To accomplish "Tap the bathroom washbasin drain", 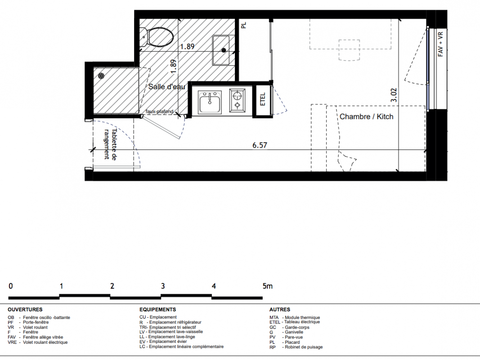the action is [x=224, y=50].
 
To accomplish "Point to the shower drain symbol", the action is [x=101, y=76].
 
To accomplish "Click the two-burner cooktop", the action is [x=237, y=100].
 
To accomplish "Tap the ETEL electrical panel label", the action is [x=263, y=99].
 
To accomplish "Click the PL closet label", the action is [x=244, y=25].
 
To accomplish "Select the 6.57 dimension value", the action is [x=260, y=145].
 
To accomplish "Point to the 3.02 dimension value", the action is [x=394, y=95].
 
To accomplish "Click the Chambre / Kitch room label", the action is [x=367, y=117].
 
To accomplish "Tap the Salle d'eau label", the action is [x=167, y=87].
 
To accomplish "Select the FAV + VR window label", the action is [x=440, y=45].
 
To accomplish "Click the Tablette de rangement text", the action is [x=110, y=144].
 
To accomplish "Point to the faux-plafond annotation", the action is [x=160, y=112].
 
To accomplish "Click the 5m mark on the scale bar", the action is [x=267, y=286].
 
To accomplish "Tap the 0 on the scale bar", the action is [x=11, y=286].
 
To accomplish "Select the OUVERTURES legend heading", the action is [x=25, y=310].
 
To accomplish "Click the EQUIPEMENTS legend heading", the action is [x=157, y=310].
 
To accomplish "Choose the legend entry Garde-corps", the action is [x=290, y=327].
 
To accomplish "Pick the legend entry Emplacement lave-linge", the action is [x=167, y=337].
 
